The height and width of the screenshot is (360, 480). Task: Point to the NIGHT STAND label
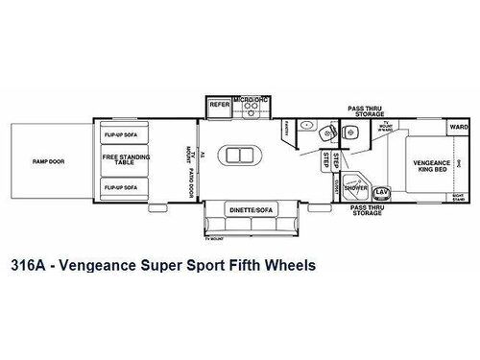tap(460, 198)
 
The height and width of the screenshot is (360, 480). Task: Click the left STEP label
tap(326, 160)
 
